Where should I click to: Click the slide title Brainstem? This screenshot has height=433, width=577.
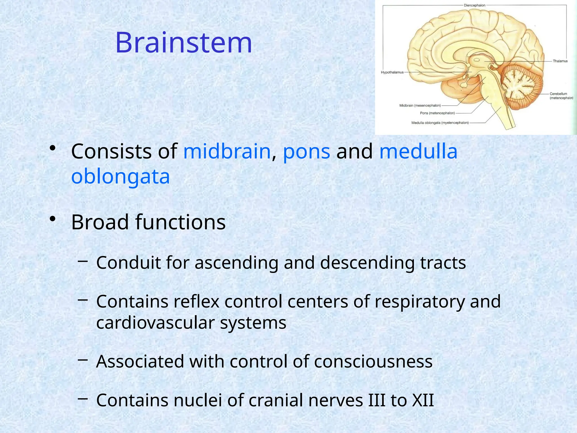184,43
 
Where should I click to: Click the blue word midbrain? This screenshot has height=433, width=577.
227,151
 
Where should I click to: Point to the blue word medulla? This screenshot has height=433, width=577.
418,151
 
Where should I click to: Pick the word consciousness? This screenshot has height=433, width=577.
373,362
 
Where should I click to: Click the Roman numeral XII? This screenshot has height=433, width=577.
423,400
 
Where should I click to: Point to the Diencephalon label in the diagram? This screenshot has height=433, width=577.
474,5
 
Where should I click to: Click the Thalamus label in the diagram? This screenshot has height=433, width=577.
560,61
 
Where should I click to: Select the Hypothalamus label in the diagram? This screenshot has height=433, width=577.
392,72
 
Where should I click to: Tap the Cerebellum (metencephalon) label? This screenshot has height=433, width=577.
561,96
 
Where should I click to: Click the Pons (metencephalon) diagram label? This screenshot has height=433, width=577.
437,113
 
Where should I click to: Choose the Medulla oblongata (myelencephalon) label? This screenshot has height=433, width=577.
440,123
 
